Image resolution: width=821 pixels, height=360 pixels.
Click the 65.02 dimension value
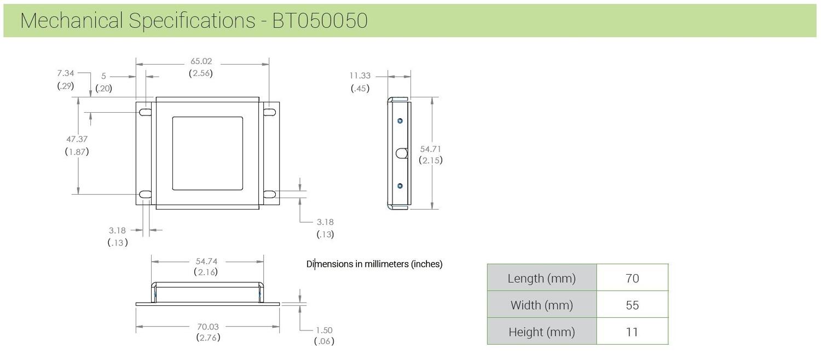pos(201,61)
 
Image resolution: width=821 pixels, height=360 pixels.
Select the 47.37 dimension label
pos(77,139)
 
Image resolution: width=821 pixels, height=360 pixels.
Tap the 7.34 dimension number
pos(65,73)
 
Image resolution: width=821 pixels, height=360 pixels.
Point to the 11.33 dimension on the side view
pos(360,76)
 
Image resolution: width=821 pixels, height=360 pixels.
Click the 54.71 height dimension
pos(431,148)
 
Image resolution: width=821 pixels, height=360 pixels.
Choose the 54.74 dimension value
pos(206,261)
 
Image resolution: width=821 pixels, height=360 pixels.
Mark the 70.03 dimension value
pos(208,327)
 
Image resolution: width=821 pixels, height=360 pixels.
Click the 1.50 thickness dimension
pos(324,330)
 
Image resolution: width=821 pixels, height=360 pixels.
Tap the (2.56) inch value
pos(201,73)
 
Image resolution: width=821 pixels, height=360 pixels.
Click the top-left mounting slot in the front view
pos(146,112)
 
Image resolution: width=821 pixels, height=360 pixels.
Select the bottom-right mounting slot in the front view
pos(270,194)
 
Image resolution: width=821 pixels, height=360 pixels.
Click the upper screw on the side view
pos(400,120)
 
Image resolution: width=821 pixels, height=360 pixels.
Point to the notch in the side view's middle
pos(402,153)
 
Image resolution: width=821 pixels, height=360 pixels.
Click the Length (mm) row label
pos(541,278)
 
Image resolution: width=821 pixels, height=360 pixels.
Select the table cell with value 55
pos(632,305)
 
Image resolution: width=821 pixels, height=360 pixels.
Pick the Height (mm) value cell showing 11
pos(632,332)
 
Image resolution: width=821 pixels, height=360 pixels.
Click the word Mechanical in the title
pos(72,21)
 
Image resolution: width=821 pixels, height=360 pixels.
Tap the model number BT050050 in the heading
pos(320,21)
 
